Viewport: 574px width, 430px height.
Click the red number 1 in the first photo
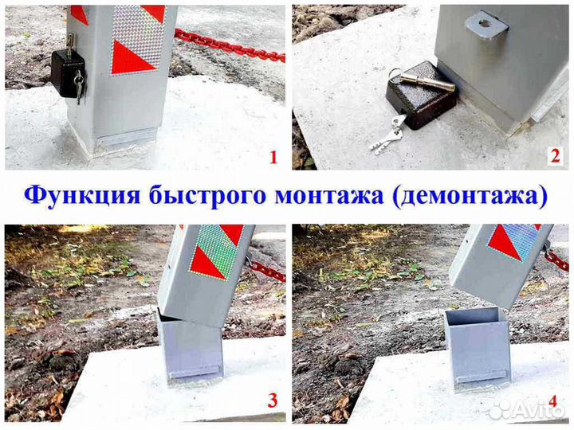pos(273,157)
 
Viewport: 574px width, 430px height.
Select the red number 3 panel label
pos(273,401)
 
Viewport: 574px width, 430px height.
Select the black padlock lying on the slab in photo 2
pos(419,100)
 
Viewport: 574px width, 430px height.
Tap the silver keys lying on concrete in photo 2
pos(389,139)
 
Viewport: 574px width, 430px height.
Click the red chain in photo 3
pos(267,271)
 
